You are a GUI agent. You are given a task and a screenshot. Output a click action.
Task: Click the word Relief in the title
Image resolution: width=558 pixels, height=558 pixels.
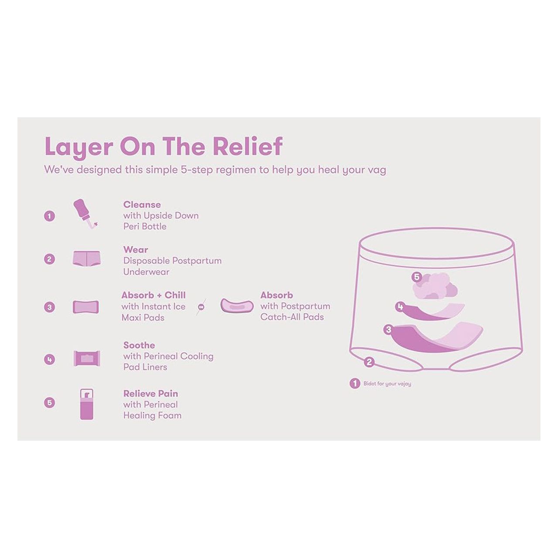point(248,146)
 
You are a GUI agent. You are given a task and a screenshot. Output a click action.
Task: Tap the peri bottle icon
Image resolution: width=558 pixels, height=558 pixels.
point(85,214)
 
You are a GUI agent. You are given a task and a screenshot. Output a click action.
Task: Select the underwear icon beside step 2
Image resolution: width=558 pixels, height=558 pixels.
point(86,259)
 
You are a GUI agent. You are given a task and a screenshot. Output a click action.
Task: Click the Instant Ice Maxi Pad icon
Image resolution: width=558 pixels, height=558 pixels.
point(86,307)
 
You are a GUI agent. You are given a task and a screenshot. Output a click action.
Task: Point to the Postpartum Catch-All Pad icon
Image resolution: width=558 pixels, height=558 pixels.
point(237,306)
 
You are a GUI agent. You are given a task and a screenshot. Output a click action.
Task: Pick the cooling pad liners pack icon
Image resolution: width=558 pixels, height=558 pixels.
point(87,358)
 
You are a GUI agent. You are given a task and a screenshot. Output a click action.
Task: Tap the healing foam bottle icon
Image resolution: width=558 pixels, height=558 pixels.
point(87,404)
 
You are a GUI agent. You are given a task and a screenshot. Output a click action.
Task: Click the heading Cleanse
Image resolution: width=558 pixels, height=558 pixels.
point(142,204)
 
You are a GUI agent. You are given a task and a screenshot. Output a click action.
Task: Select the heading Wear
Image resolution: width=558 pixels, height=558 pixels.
point(136,250)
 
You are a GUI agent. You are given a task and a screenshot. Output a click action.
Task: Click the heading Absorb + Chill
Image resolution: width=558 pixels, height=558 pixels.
point(153,295)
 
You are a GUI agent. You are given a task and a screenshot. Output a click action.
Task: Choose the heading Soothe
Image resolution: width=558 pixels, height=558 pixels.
point(139,345)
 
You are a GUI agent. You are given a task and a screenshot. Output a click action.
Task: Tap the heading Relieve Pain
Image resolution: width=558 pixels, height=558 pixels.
point(150,394)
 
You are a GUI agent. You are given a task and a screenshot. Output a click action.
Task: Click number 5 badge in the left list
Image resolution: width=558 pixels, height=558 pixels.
point(50,402)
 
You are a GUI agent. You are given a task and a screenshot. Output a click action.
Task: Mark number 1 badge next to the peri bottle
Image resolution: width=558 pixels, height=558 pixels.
point(50,216)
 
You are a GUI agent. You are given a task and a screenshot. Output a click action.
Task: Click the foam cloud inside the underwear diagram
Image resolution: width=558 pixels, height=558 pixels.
point(436,287)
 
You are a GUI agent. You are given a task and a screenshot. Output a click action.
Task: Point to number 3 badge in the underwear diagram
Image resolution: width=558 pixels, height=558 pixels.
point(388,330)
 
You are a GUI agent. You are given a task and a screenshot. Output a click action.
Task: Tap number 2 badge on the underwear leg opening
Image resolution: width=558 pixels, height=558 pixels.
point(369,362)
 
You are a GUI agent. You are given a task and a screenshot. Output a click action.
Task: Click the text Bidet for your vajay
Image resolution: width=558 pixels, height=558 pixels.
point(387,384)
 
